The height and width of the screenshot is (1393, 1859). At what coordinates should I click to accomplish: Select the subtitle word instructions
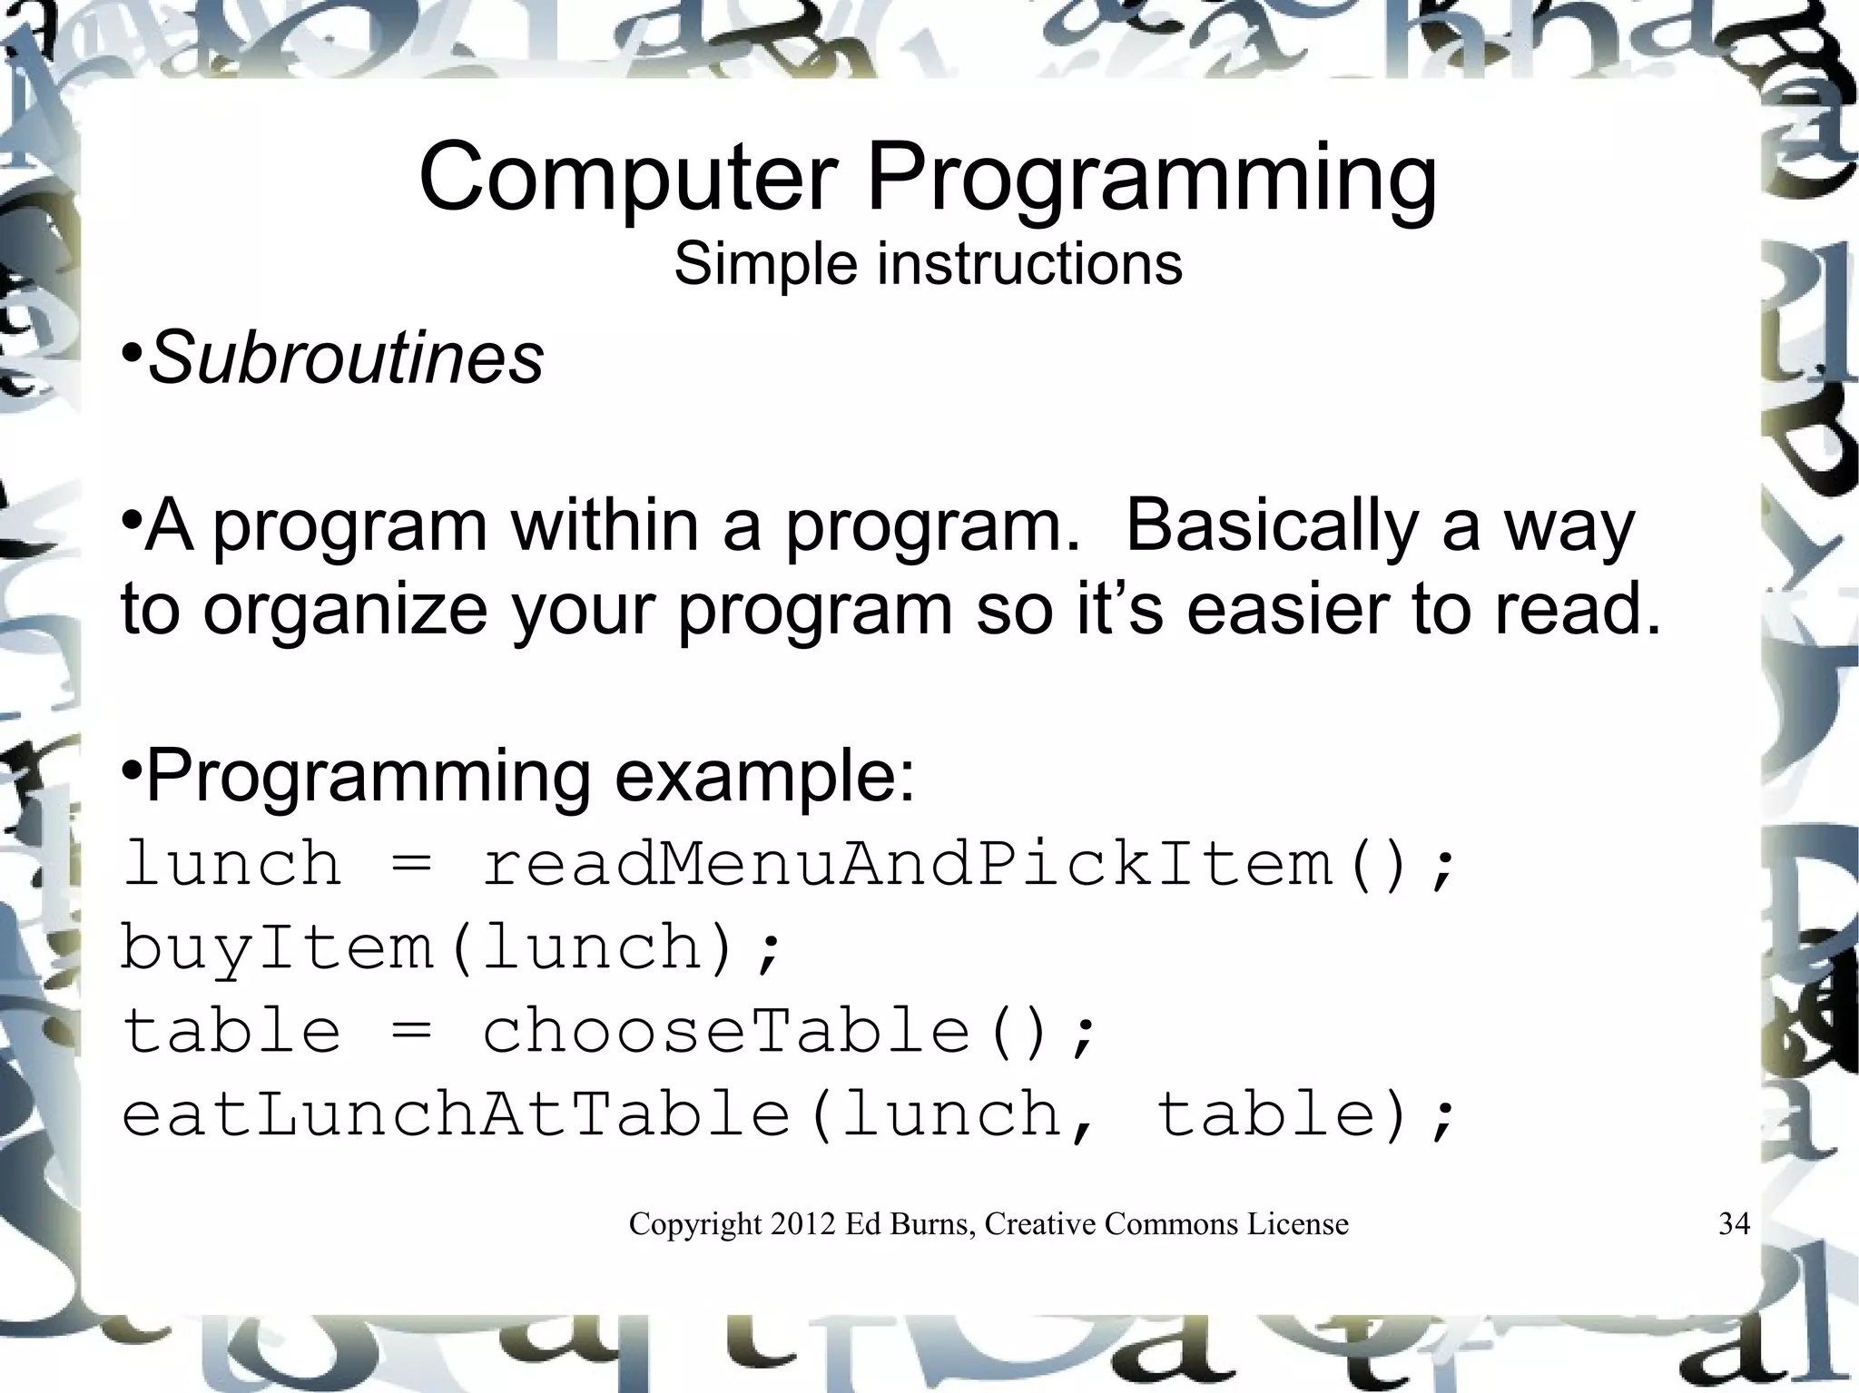(x=1029, y=264)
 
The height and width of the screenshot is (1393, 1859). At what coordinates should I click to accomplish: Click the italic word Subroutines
(x=345, y=358)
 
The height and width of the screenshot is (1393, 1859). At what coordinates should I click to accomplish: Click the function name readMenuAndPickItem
(x=908, y=864)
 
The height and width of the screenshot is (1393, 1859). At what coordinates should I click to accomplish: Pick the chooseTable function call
(x=726, y=1032)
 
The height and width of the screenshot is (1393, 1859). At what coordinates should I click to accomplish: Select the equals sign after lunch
(x=412, y=866)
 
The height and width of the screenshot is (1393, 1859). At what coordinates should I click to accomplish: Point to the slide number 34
(x=1734, y=1224)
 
